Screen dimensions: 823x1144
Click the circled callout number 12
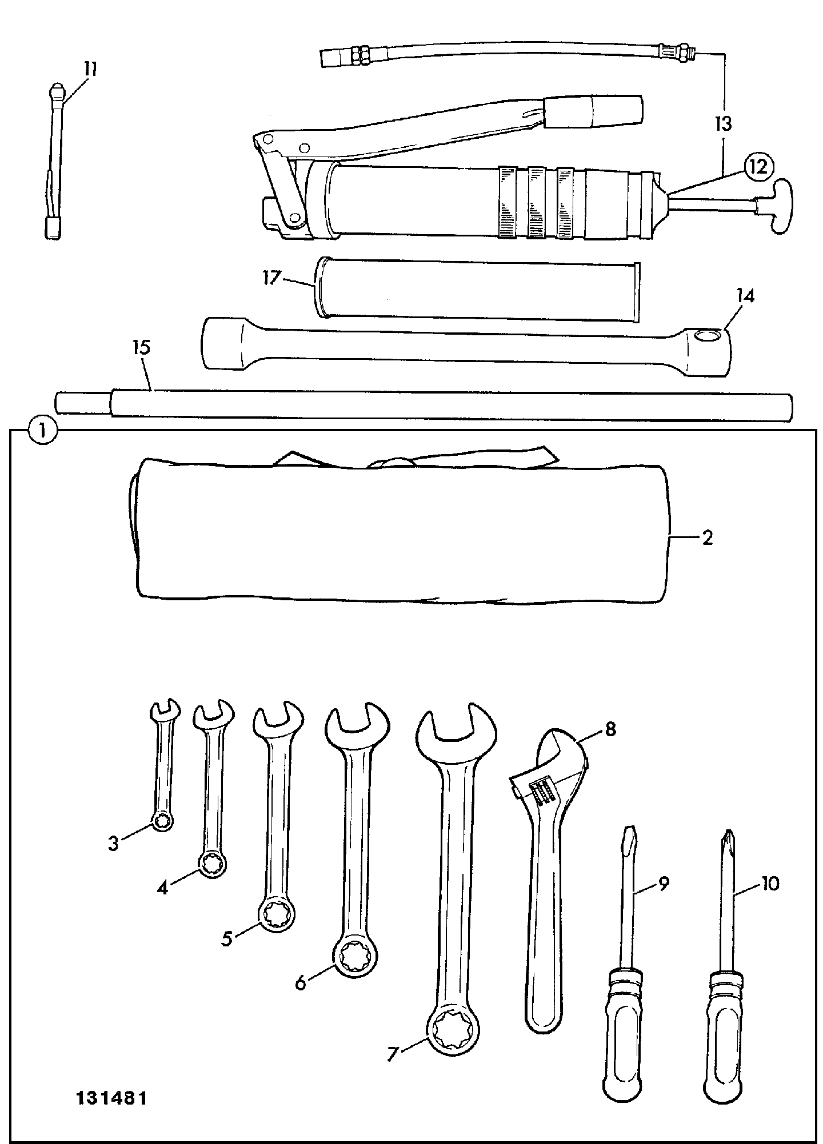(x=758, y=167)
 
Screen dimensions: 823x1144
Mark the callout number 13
(x=724, y=123)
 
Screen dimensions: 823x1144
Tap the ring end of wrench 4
(x=213, y=868)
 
